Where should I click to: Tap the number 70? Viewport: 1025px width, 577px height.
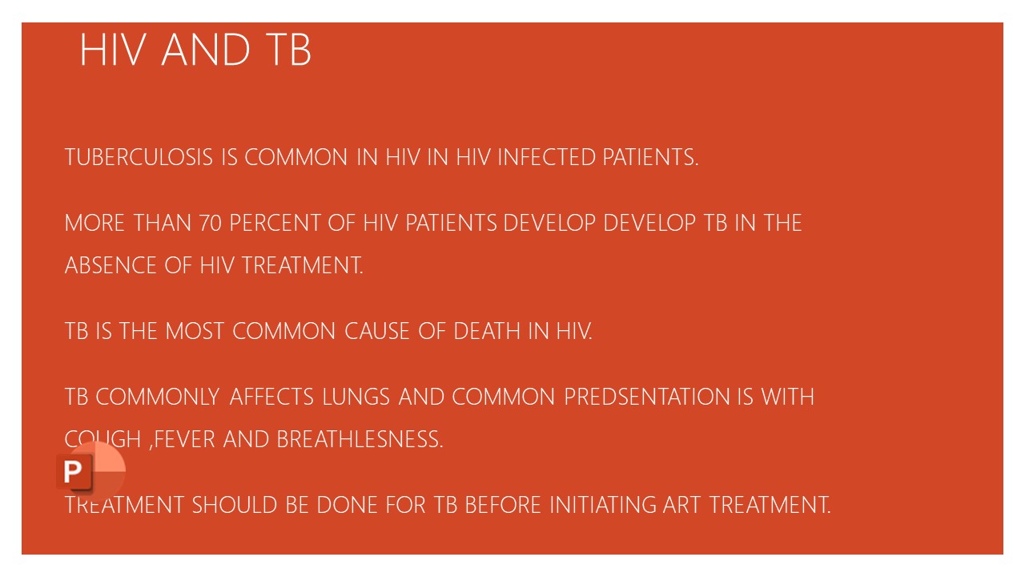211,224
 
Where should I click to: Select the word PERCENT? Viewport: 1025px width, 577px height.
275,224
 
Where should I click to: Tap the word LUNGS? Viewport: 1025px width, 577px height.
356,397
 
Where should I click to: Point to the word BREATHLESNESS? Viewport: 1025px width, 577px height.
360,440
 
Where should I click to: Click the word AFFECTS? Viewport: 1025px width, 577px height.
273,397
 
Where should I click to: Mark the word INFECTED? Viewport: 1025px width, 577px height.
547,158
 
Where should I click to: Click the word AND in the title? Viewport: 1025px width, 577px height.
206,50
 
